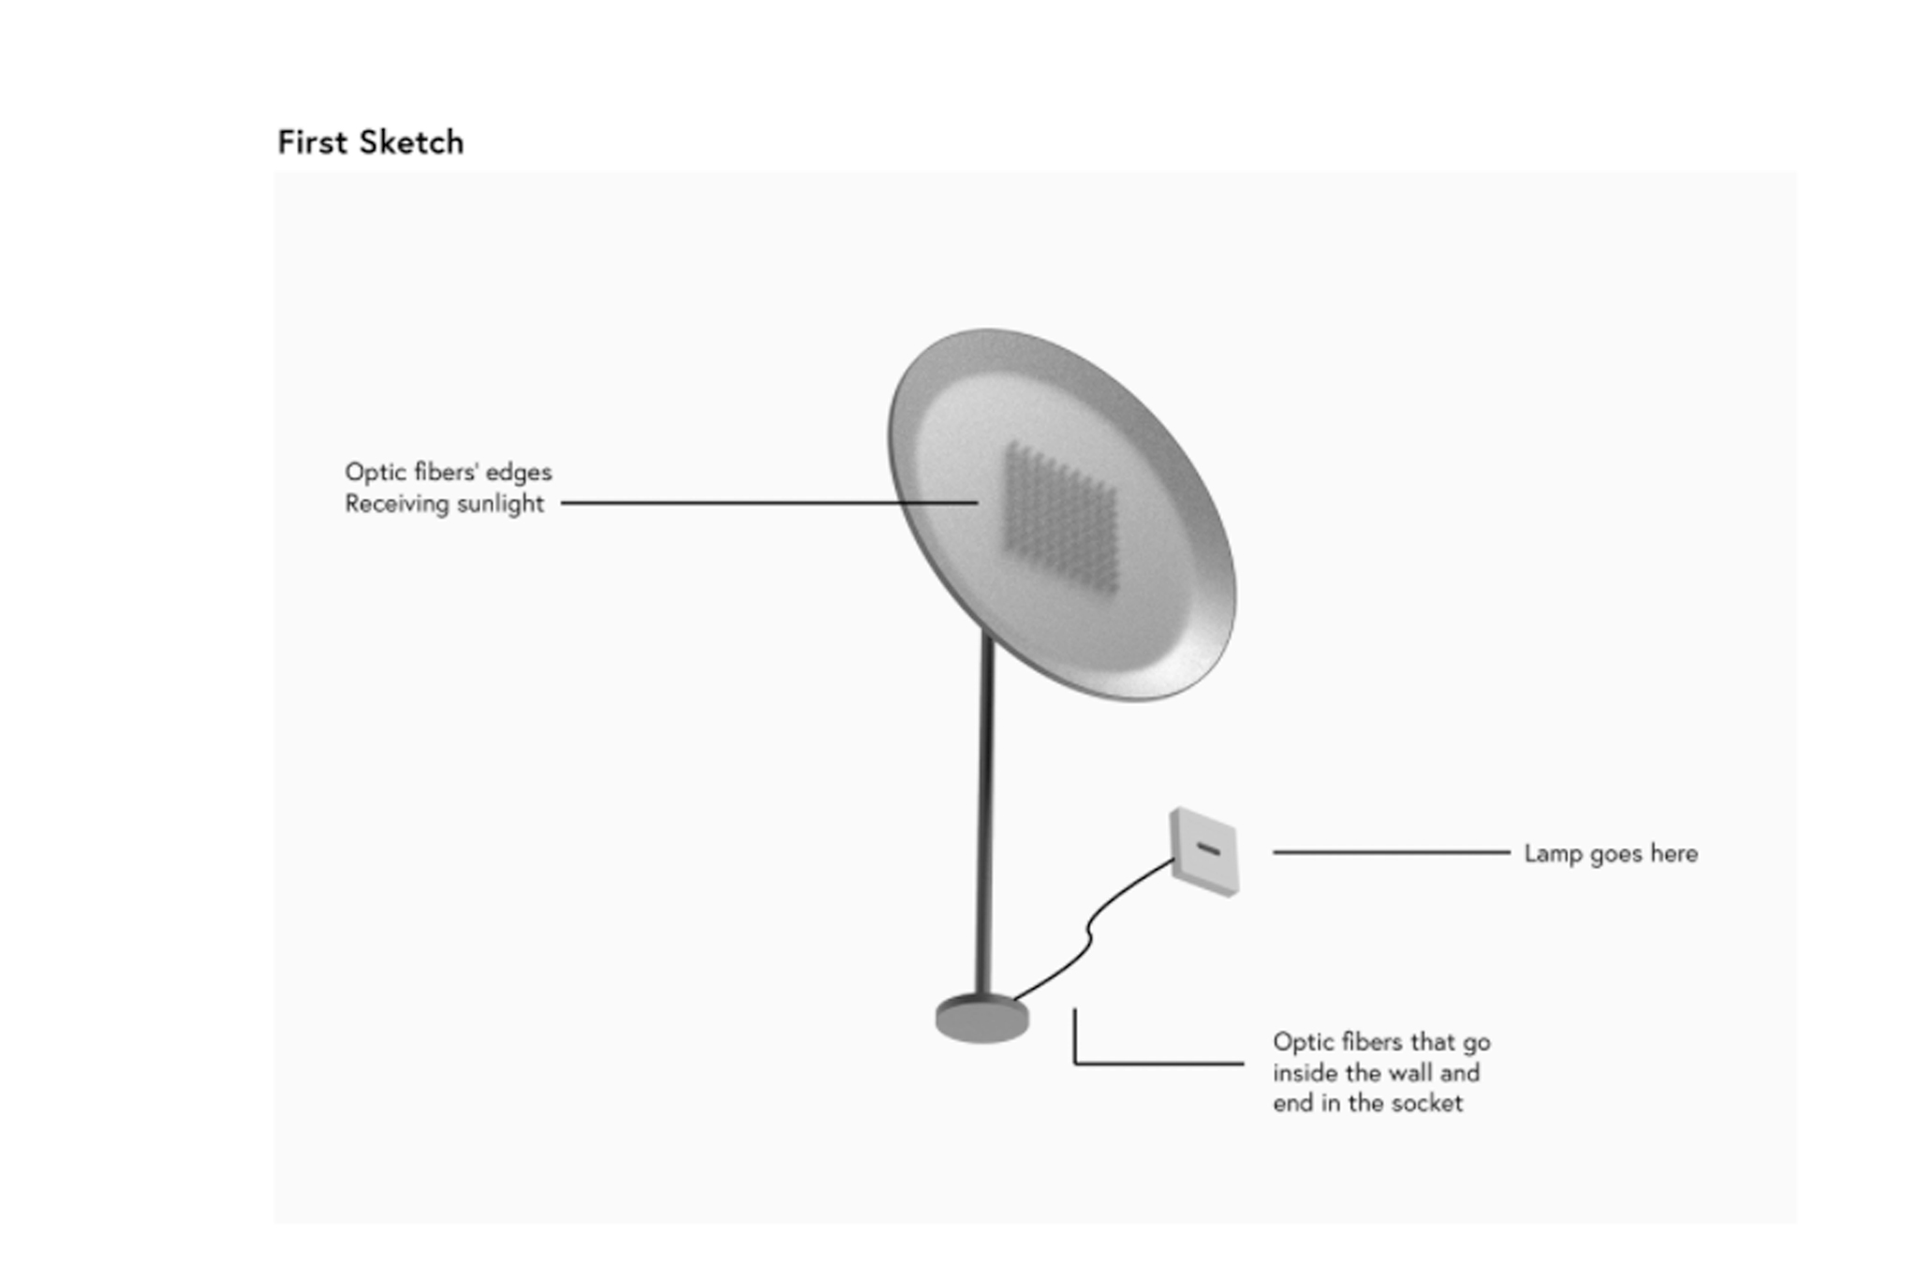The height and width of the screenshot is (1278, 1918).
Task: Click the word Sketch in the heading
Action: (x=411, y=142)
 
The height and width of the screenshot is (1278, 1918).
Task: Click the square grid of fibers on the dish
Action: (x=1061, y=518)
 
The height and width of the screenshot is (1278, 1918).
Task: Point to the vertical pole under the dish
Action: (x=984, y=815)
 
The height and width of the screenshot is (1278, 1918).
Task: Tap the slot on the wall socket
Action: (x=1208, y=849)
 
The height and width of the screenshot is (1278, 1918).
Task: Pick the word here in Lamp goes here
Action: (x=1674, y=854)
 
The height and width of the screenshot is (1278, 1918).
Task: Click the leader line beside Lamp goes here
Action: (x=1391, y=852)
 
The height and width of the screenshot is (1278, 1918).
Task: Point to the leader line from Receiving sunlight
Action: (x=768, y=503)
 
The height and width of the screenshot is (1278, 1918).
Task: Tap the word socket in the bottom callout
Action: (x=1427, y=1103)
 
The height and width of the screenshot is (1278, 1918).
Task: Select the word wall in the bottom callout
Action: (x=1410, y=1073)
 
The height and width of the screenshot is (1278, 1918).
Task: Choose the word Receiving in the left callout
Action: (x=390, y=504)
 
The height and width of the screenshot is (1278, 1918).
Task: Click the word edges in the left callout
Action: (x=518, y=472)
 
